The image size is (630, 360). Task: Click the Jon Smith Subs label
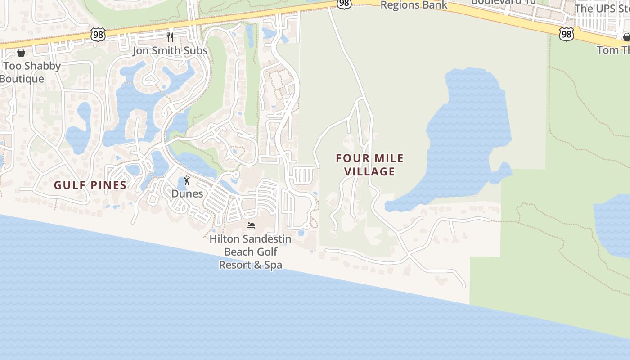click(x=170, y=50)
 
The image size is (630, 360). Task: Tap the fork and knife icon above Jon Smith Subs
click(x=170, y=37)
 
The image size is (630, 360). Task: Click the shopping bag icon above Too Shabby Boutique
click(x=21, y=53)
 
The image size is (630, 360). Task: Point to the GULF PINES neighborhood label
click(x=90, y=185)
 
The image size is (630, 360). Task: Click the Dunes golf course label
click(x=187, y=194)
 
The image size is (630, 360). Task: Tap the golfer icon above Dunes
click(x=187, y=181)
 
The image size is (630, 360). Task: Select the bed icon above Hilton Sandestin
click(x=251, y=225)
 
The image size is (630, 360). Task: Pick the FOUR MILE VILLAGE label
click(x=370, y=165)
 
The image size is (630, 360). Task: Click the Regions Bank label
click(x=414, y=5)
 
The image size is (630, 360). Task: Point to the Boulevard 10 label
click(x=504, y=2)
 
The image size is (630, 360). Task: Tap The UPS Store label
click(x=602, y=8)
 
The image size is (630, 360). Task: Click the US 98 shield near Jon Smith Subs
click(x=98, y=34)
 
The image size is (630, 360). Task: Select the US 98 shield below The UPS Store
click(x=567, y=34)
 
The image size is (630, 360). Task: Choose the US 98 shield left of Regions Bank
click(x=344, y=4)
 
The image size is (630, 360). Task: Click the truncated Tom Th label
click(x=613, y=50)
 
